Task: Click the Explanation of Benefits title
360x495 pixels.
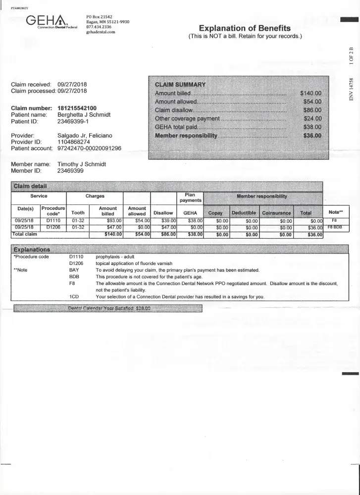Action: coord(245,28)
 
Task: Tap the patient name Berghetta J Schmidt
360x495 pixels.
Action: coord(84,115)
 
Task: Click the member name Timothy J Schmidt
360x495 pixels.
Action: coord(82,164)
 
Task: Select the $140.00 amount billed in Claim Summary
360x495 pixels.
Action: coord(311,93)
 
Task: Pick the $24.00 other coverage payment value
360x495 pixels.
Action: coord(312,118)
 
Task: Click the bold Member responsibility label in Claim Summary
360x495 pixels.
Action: coord(186,135)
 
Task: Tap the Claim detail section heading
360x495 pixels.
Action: coord(30,186)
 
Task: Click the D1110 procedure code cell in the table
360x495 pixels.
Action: coord(53,220)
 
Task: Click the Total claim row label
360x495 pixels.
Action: coord(25,234)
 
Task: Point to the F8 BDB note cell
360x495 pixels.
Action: coord(334,227)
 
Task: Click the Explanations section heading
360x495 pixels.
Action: coord(32,249)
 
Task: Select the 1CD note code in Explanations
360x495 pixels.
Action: coord(74,297)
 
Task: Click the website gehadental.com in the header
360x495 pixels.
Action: coord(101,32)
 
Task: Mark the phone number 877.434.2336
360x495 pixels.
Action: coord(97,27)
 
